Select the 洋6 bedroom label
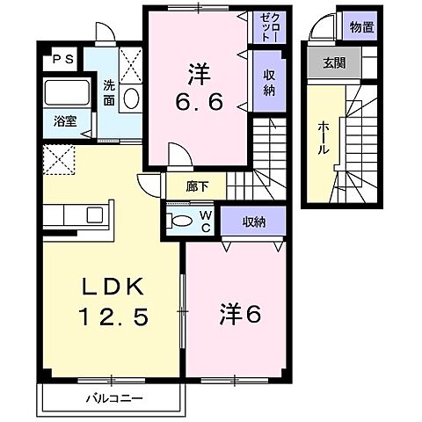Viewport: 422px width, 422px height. pos(236,313)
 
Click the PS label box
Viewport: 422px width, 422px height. pos(62,59)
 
